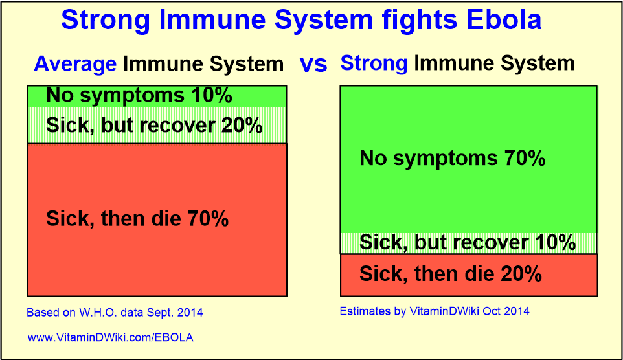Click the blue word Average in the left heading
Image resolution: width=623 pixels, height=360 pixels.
[75, 63]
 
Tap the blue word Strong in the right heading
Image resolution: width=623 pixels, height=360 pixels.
[374, 63]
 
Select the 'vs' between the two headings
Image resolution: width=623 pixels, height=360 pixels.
[313, 63]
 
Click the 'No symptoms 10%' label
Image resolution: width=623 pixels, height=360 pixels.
[139, 96]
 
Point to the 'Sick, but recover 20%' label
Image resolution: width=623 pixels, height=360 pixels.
[154, 125]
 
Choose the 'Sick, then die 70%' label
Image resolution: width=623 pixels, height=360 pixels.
[137, 219]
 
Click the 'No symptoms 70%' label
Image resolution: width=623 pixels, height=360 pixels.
[452, 158]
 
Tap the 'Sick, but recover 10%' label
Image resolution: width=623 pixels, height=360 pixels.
[468, 243]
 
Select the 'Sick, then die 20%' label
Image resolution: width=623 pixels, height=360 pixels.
[450, 274]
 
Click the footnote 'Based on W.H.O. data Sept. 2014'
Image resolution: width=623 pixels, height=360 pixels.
[115, 313]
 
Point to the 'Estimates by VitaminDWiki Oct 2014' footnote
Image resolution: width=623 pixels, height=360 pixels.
[435, 311]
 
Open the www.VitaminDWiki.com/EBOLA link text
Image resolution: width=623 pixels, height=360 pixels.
[110, 337]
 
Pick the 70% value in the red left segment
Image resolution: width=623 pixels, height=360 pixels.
[208, 219]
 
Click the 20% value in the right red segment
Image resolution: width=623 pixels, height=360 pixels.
[521, 274]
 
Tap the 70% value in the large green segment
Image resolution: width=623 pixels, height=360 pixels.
[525, 158]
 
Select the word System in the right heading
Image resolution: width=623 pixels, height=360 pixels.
[535, 63]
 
